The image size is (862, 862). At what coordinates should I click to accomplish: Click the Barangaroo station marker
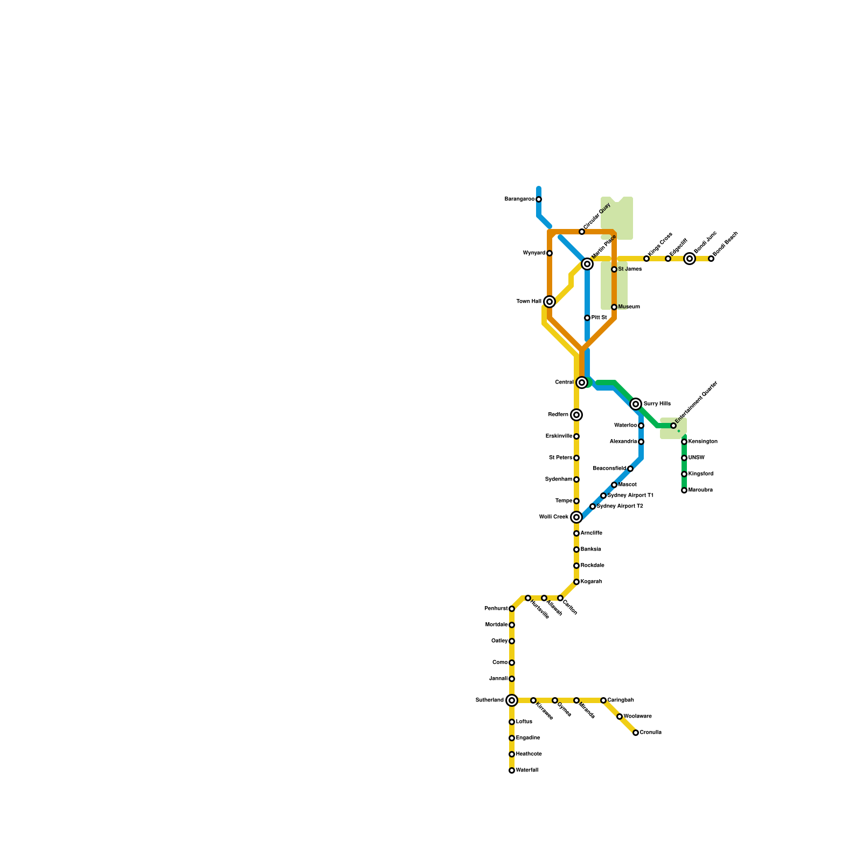539,199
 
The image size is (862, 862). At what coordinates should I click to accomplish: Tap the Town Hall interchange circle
550,302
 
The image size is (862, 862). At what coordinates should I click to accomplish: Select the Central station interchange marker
582,383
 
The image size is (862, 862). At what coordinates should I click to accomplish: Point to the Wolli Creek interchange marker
576,517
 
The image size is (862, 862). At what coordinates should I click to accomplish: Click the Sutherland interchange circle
512,700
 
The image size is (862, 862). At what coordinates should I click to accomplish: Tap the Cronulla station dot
636,733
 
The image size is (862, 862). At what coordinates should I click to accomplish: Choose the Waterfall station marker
512,770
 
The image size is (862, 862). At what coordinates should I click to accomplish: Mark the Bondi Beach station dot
711,259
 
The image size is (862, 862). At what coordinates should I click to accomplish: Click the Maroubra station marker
684,490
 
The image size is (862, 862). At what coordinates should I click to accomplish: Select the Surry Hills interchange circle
636,404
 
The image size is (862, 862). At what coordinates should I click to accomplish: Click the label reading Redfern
558,415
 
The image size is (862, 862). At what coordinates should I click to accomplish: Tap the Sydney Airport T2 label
620,506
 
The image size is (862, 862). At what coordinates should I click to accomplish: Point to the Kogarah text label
592,582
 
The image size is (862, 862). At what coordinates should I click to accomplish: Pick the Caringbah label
621,700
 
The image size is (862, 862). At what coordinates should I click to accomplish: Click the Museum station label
629,307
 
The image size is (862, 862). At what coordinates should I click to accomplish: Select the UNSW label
697,458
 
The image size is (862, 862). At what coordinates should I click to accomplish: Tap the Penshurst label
496,609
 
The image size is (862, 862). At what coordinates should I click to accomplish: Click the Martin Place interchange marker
587,264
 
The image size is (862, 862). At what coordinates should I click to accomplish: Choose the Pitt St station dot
587,318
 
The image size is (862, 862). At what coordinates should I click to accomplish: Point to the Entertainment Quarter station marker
673,426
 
